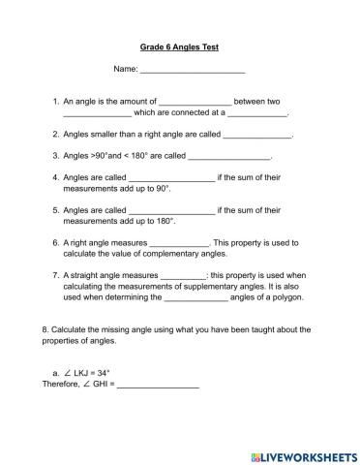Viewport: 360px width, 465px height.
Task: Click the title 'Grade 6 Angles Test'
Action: pos(179,46)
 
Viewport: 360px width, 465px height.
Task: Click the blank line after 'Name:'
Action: pos(193,71)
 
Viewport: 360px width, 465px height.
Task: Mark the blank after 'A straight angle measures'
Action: pos(184,275)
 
